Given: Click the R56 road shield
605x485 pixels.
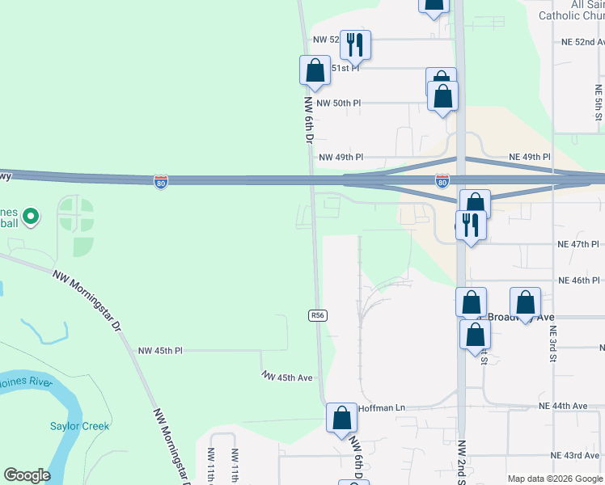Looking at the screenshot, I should click(318, 315).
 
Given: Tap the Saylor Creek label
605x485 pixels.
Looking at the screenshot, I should click(79, 426).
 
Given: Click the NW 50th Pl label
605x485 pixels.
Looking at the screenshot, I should click(338, 103).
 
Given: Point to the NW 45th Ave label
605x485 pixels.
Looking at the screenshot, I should click(287, 377).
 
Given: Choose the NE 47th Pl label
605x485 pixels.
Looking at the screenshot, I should click(578, 243).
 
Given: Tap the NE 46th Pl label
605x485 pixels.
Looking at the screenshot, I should click(579, 280).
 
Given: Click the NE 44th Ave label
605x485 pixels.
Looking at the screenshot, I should click(569, 406).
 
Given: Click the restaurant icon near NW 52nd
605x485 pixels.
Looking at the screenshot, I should click(355, 44).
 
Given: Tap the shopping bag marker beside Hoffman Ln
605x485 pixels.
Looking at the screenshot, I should click(341, 418).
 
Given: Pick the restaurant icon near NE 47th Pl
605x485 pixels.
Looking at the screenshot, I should click(470, 225).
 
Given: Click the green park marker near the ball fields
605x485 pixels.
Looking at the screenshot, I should click(31, 217).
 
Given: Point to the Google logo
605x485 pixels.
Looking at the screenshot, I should click(27, 475).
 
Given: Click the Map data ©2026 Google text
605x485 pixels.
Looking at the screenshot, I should click(555, 479).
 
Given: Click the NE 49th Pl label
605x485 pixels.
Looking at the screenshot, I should click(530, 157).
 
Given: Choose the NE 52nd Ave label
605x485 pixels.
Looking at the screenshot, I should click(582, 42).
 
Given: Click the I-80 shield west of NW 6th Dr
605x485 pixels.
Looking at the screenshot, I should click(161, 182).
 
